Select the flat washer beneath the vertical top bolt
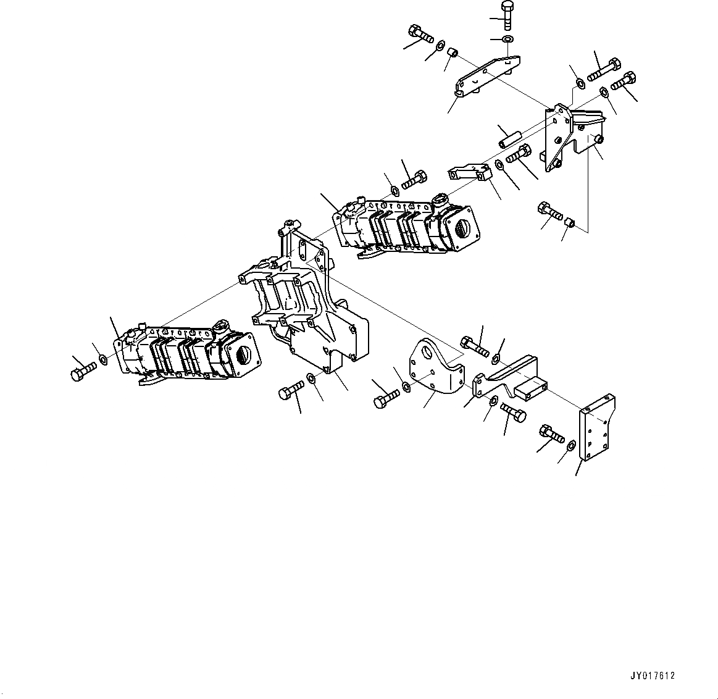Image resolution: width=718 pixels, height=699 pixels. pyautogui.click(x=507, y=40)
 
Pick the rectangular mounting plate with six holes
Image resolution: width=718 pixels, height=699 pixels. pyautogui.click(x=596, y=425)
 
